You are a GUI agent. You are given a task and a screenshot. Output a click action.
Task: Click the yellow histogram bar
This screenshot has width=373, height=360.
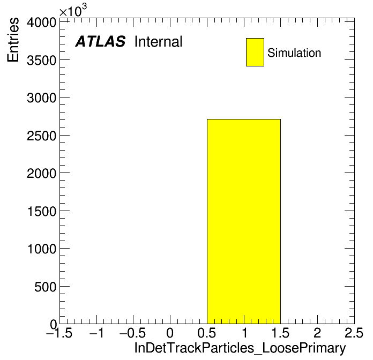coord(244,221)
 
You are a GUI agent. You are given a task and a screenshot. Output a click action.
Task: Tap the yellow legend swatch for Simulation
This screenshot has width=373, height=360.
coord(255,52)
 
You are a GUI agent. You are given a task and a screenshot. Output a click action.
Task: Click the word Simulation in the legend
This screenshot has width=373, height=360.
coord(294,53)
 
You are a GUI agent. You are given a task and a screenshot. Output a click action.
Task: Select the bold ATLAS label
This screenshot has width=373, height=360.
coord(100,41)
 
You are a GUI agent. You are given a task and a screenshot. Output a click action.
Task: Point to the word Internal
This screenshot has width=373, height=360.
coord(159,42)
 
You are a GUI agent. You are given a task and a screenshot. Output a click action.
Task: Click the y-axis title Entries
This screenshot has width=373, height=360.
coord(13,40)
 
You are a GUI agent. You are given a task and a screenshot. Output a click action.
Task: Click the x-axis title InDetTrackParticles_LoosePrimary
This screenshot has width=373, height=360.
coord(240,348)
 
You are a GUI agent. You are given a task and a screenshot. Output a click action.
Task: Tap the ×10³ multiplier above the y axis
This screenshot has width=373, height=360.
coord(73,11)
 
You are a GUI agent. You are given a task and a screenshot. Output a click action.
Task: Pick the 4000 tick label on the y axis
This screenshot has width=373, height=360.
coord(41,23)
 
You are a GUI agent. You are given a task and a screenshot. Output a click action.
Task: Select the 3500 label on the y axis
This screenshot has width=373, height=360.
coord(41,61)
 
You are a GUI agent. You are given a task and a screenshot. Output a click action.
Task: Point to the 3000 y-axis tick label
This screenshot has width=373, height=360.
coord(41,98)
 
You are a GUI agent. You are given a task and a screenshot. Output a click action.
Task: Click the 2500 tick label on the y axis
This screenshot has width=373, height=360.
coord(41,136)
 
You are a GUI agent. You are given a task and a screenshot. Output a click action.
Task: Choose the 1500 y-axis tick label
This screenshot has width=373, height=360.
coord(42,212)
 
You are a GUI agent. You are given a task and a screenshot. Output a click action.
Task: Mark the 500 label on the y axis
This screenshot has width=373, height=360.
coord(45,287)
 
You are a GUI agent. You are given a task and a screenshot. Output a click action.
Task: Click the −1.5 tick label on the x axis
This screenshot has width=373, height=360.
coord(59,333)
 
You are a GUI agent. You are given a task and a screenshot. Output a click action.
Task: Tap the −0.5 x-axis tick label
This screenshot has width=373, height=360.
coord(132,333)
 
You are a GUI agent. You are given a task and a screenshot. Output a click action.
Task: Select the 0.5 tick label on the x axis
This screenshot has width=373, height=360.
coord(206,333)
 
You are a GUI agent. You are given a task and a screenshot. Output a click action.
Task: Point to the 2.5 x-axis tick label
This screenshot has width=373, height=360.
coord(354,333)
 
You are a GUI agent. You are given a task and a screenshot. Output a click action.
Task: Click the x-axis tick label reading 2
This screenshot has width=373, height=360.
coord(317,333)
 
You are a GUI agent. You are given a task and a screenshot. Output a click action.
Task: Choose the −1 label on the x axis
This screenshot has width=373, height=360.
coord(96,333)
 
